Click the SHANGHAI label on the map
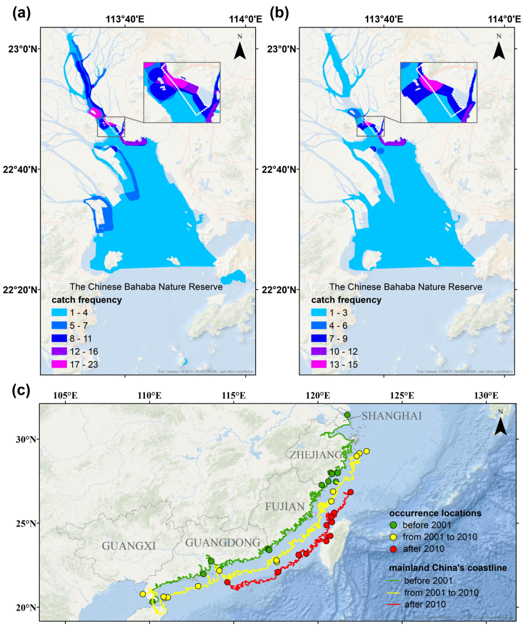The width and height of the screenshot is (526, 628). tap(391, 416)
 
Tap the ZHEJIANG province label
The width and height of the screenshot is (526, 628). tap(316, 455)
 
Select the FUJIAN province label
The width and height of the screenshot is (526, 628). tap(285, 507)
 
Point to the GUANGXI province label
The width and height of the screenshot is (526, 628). tap(129, 546)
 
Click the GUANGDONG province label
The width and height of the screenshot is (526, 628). tap(223, 543)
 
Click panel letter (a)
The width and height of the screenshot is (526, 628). tap(21, 13)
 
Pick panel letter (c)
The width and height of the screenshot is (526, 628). tap(21, 390)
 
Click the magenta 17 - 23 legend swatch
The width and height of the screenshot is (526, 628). tap(59, 364)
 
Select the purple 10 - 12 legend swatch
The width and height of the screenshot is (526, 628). tap(319, 351)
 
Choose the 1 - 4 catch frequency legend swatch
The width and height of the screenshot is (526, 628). tap(59, 313)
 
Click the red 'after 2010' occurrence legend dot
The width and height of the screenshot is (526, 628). tap(393, 549)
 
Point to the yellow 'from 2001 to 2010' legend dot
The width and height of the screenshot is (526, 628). tap(393, 537)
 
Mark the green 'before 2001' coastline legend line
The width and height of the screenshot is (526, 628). tap(394, 581)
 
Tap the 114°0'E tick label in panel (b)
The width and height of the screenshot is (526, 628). tap(505, 19)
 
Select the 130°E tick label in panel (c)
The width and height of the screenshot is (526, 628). tap(486, 395)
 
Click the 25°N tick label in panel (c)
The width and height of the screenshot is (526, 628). tap(26, 523)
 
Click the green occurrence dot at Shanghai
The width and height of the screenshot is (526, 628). tap(347, 415)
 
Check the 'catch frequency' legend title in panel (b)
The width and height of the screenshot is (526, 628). tap(346, 300)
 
